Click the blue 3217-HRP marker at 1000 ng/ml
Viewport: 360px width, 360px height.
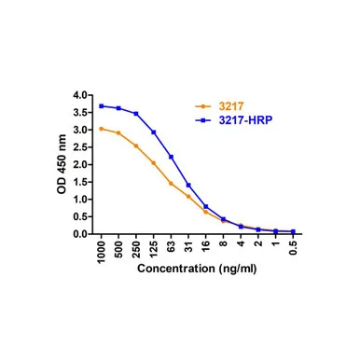pyautogui.click(x=101, y=106)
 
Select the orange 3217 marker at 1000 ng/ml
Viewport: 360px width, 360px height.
pyautogui.click(x=101, y=129)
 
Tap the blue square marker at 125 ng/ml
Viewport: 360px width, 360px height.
pyautogui.click(x=154, y=132)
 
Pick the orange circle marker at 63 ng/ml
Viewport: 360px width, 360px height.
pyautogui.click(x=171, y=184)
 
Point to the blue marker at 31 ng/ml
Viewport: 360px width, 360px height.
pyautogui.click(x=188, y=185)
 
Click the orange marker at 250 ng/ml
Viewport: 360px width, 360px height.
pyautogui.click(x=136, y=145)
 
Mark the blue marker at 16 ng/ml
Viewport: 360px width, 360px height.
pyautogui.click(x=206, y=206)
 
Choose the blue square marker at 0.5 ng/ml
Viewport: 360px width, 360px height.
pyautogui.click(x=293, y=231)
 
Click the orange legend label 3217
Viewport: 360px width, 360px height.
pyautogui.click(x=231, y=106)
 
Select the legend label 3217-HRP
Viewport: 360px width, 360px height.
pyautogui.click(x=245, y=120)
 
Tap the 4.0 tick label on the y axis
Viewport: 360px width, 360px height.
pyautogui.click(x=80, y=95)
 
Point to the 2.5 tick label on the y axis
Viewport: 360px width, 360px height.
pyautogui.click(x=80, y=147)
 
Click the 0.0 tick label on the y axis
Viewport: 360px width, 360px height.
pyautogui.click(x=80, y=234)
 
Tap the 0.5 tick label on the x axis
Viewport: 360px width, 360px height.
pyautogui.click(x=293, y=248)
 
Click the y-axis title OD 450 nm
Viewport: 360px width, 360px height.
pyautogui.click(x=62, y=164)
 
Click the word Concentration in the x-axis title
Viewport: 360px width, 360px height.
pyautogui.click(x=176, y=269)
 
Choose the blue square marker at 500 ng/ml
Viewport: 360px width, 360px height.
pyautogui.click(x=118, y=108)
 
